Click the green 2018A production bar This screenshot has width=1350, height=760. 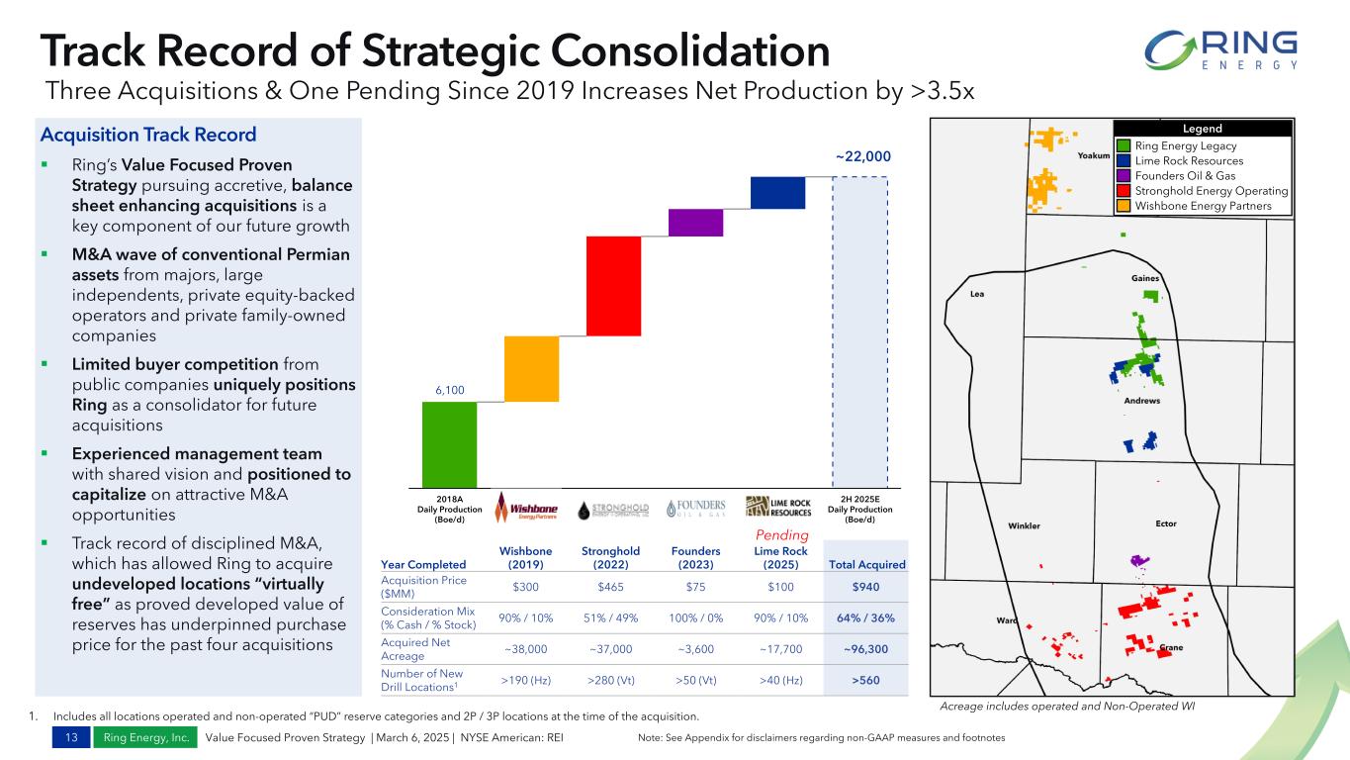click(449, 443)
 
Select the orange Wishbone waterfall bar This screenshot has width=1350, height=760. click(531, 369)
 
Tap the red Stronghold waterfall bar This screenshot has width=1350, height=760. click(613, 286)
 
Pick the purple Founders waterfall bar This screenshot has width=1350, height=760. click(695, 223)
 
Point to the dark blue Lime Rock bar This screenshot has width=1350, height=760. click(777, 193)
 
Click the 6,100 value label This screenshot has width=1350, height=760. click(450, 390)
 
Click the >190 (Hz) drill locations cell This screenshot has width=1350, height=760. click(526, 681)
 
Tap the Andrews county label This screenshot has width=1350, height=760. click(1142, 401)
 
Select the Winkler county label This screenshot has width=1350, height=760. click(1024, 525)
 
